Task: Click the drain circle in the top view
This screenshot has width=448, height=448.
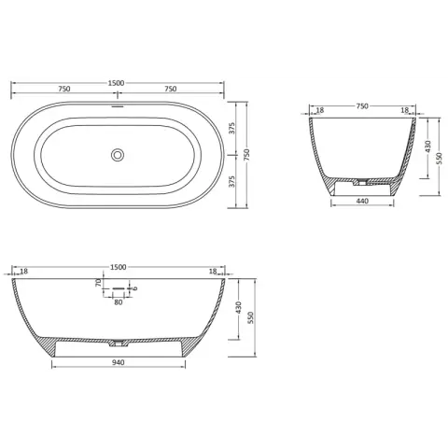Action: click(x=118, y=155)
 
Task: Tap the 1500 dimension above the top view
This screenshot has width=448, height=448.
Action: click(x=116, y=83)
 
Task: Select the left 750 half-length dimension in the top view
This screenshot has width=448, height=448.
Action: click(x=64, y=89)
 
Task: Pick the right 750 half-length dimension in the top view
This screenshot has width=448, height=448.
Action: click(x=171, y=89)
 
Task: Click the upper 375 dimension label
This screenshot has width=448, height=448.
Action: click(x=232, y=128)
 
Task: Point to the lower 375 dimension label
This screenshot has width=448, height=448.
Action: click(x=232, y=181)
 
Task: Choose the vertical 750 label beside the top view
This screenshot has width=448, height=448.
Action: click(x=246, y=155)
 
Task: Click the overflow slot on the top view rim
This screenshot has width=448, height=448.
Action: click(x=118, y=105)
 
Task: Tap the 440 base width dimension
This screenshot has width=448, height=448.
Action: click(x=362, y=201)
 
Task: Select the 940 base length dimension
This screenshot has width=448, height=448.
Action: click(x=119, y=362)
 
